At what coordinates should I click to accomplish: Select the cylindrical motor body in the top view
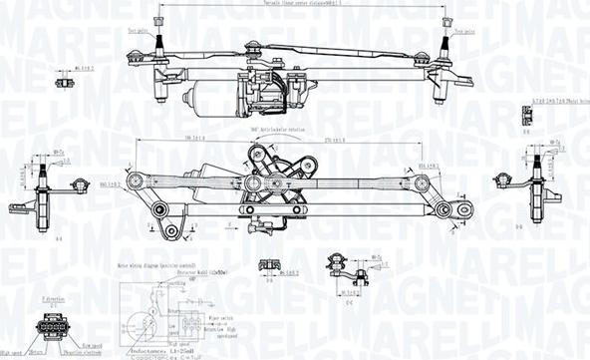pyautogui.click(x=203, y=96)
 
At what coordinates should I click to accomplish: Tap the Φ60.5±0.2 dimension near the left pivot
pyautogui.click(x=111, y=182)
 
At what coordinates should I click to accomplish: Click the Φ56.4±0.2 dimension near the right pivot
pyautogui.click(x=430, y=165)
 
